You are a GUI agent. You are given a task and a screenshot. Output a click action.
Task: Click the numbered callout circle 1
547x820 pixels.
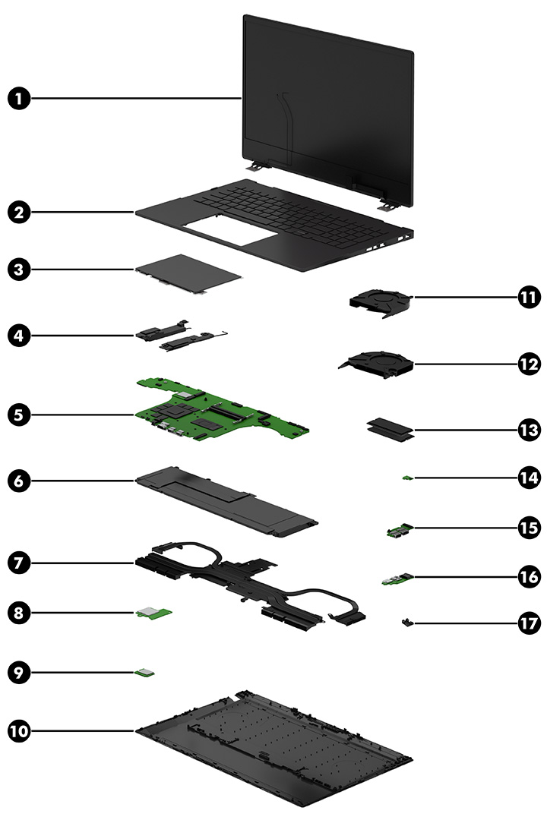pos(21,98)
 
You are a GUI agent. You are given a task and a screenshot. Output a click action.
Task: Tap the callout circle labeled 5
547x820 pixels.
pos(21,415)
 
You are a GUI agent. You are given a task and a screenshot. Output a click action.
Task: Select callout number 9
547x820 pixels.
pos(21,671)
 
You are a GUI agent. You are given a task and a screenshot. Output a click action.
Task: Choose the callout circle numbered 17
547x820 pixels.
pos(528,623)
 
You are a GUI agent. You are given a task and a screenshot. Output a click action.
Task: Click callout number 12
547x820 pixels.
pos(528,364)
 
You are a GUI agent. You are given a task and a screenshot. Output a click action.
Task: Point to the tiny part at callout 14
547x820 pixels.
pos(408,478)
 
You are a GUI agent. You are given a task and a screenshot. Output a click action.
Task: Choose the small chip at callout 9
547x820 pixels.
pos(144,671)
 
